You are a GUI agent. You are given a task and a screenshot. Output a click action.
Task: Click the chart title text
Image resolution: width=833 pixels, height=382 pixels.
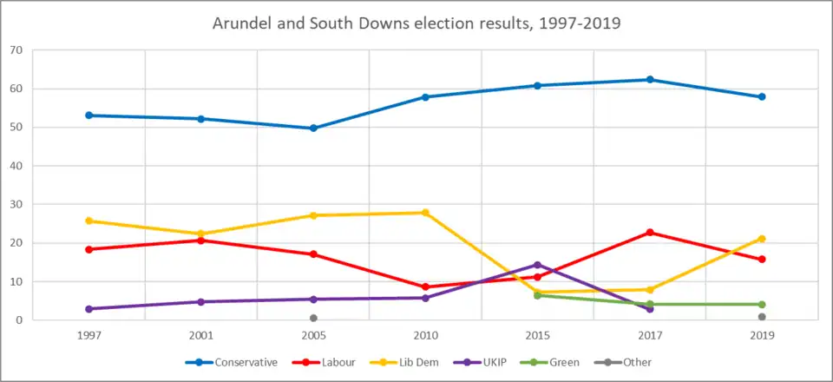(x=416, y=23)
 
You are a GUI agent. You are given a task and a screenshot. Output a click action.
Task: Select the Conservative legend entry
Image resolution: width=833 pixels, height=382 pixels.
(x=233, y=362)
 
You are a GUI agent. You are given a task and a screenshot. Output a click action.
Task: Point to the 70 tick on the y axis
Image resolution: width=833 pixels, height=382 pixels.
(x=16, y=50)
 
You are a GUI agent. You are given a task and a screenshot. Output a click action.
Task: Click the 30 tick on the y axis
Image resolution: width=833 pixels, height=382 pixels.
(x=16, y=205)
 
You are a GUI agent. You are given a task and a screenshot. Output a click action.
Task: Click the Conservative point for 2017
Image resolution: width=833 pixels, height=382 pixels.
(x=649, y=80)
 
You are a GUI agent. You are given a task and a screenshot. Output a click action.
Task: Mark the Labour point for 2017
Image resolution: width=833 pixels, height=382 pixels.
(x=649, y=233)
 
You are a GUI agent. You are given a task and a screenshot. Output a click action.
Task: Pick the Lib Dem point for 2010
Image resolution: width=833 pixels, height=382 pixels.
(x=425, y=213)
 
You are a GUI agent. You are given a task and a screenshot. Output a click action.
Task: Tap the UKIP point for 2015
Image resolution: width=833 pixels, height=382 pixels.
(x=537, y=265)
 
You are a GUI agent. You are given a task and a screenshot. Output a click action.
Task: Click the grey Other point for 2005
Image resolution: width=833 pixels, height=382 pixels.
(x=313, y=318)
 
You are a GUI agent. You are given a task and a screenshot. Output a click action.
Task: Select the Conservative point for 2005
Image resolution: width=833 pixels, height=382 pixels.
(x=313, y=128)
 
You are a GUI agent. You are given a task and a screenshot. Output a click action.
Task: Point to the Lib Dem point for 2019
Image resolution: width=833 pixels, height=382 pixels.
(x=761, y=239)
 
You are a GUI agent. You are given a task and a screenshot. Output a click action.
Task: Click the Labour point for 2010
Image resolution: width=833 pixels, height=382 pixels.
(x=425, y=286)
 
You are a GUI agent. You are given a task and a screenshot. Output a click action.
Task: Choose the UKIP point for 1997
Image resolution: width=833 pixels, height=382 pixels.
(x=89, y=309)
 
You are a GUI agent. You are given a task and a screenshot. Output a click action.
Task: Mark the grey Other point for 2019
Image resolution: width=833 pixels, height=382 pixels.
(x=761, y=317)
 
